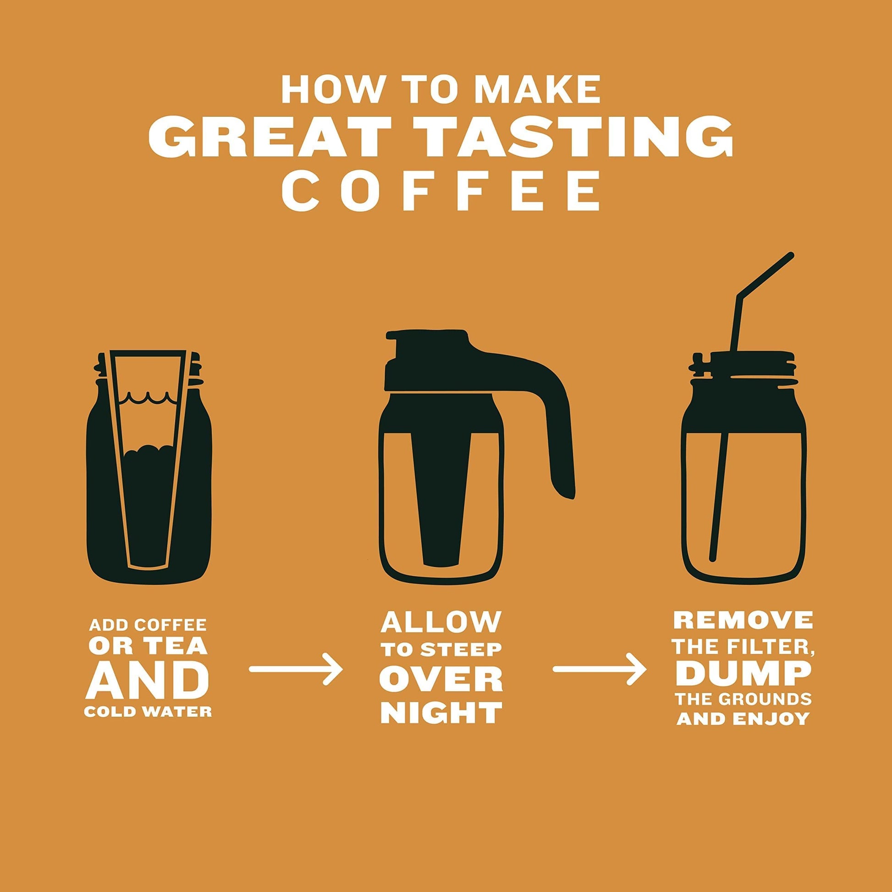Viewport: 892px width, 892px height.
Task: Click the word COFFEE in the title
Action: (446, 191)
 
